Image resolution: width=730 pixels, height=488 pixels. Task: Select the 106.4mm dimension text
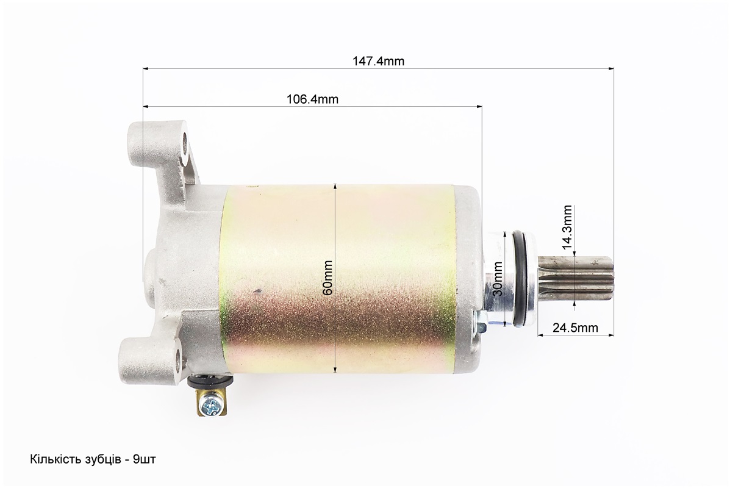coord(312,99)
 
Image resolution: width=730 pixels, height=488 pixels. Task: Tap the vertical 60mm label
coord(327,277)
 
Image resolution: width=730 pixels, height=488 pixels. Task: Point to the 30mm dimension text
coord(498,278)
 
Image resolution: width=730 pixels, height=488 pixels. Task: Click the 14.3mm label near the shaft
coord(567,228)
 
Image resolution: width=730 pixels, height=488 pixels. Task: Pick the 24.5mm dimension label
coord(576,328)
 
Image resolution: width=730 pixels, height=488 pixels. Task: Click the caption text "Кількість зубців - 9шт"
coord(93,459)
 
